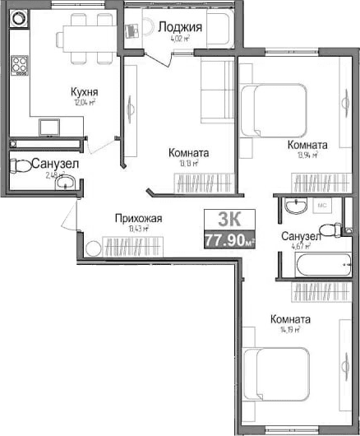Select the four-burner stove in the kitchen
pos(18,67)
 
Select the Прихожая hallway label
pos(138,218)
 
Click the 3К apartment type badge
pos(229,220)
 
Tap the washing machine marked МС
pos(323,204)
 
